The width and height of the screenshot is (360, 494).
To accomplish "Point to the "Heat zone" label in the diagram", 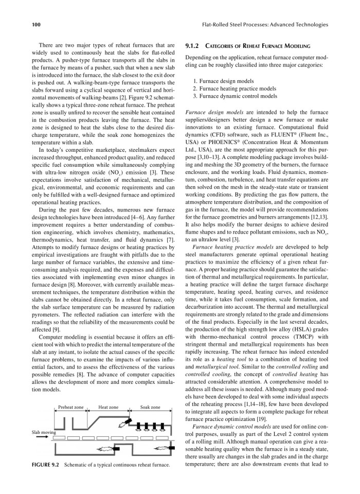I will tap(109, 407).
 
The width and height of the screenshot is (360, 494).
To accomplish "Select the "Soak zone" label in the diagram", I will tap(150, 407).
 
